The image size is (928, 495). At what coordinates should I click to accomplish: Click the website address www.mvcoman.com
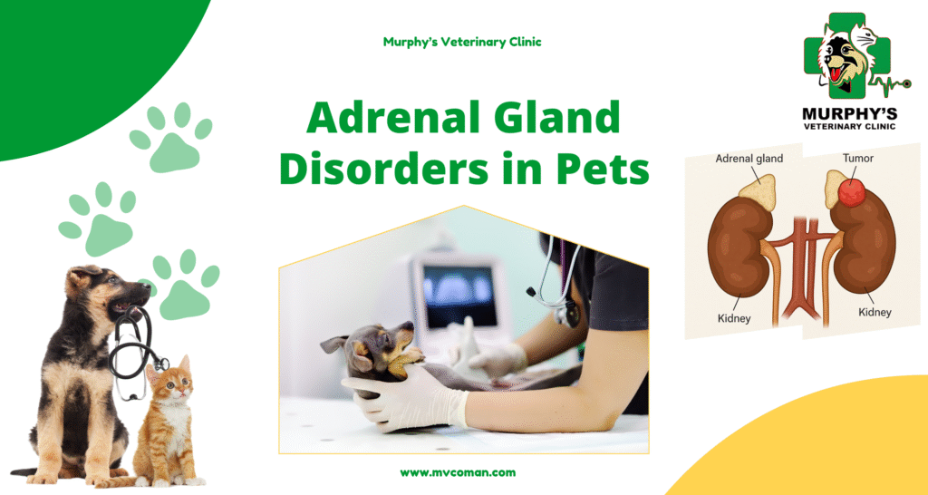458,472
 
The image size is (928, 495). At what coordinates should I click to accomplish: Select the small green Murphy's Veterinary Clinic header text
462,42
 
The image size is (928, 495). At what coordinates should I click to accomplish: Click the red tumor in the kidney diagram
852,192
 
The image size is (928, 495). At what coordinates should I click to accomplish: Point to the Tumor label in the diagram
857,158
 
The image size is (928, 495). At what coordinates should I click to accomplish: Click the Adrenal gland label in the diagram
749,159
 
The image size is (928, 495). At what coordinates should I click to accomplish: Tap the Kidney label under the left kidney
734,318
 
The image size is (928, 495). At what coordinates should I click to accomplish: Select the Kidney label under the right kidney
875,312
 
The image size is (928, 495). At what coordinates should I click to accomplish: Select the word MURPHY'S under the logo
849,113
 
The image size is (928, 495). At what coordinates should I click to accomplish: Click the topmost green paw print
171,138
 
